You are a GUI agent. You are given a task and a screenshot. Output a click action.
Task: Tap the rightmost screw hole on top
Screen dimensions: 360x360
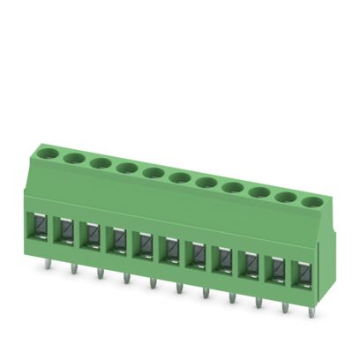[x=309, y=201]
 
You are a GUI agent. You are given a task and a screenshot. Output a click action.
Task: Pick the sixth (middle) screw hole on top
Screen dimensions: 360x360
[x=179, y=177]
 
